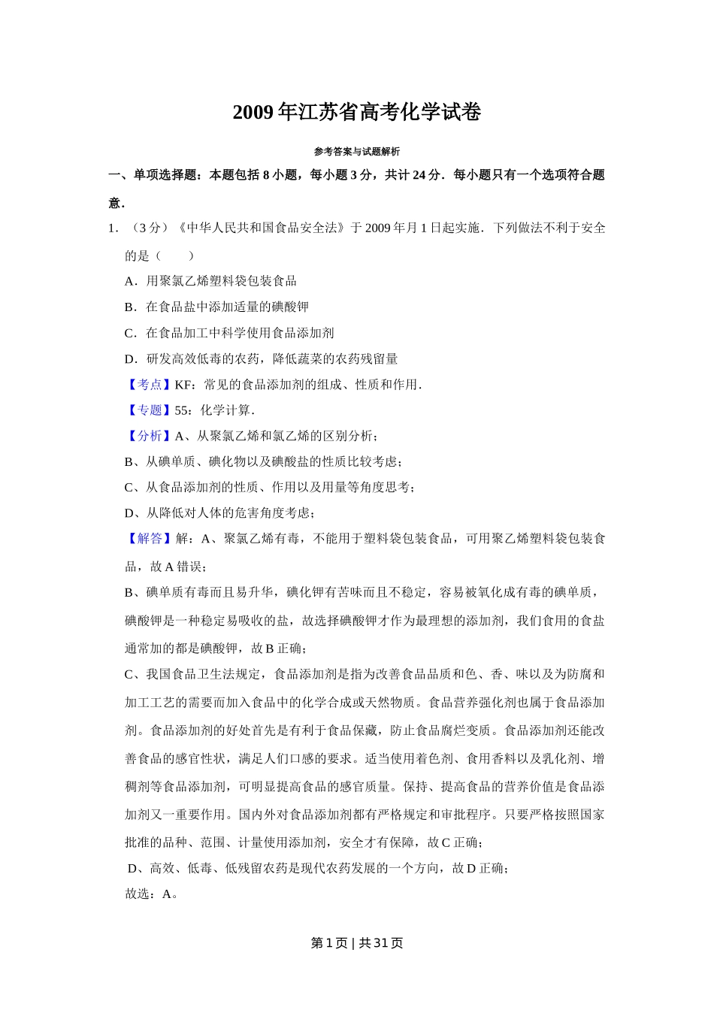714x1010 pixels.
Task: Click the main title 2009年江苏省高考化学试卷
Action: (356, 113)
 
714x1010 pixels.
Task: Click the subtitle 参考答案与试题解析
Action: (356, 151)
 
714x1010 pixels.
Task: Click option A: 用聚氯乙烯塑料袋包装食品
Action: (210, 281)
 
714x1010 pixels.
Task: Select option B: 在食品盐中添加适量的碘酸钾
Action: (216, 307)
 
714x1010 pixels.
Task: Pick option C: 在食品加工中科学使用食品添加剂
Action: (229, 333)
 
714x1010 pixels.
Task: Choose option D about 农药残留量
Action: (261, 359)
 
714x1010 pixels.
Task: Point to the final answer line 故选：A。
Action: (151, 894)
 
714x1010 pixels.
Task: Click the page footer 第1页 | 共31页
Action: (356, 943)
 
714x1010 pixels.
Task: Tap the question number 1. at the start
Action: (113, 228)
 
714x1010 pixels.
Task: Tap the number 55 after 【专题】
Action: (181, 410)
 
